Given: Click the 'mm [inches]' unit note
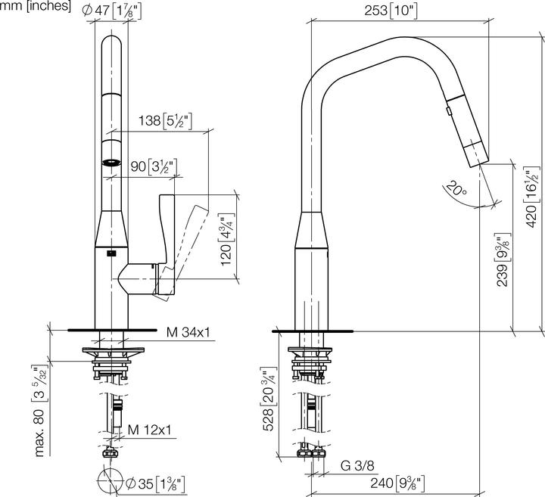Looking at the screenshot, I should tap(36, 7).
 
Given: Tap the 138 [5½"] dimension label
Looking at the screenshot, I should tap(163, 120).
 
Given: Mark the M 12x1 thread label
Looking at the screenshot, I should tap(149, 430).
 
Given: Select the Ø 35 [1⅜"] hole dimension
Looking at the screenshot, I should tap(155, 482).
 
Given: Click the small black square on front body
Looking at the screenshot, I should tap(112, 253).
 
